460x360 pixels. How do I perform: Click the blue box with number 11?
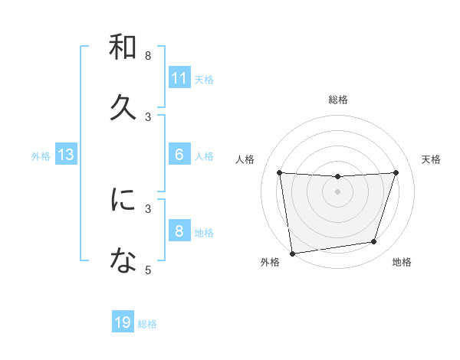[x=179, y=77]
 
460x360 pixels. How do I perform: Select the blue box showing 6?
[x=179, y=154]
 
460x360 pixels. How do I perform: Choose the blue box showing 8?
[x=179, y=231]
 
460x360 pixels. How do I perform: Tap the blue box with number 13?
[x=66, y=155]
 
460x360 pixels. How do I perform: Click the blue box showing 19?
[x=123, y=322]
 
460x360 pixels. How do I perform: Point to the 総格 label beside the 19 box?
[x=147, y=324]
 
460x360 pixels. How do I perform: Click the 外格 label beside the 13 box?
[x=41, y=156]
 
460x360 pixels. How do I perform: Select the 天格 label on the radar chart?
[x=432, y=159]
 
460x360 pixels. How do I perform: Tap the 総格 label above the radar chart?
[x=338, y=100]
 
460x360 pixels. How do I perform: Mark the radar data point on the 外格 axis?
[x=292, y=253]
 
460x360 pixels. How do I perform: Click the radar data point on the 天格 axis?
[x=396, y=172]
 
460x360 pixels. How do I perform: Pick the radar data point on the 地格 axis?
[x=374, y=242]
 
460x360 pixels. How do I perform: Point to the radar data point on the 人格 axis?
[x=280, y=173]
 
